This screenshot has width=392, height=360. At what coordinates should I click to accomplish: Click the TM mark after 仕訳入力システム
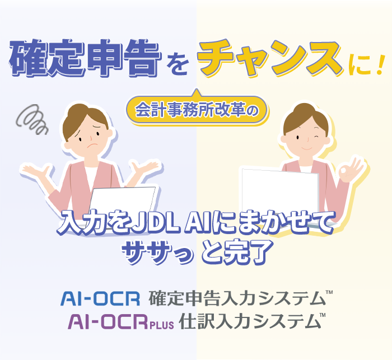point(322,316)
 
